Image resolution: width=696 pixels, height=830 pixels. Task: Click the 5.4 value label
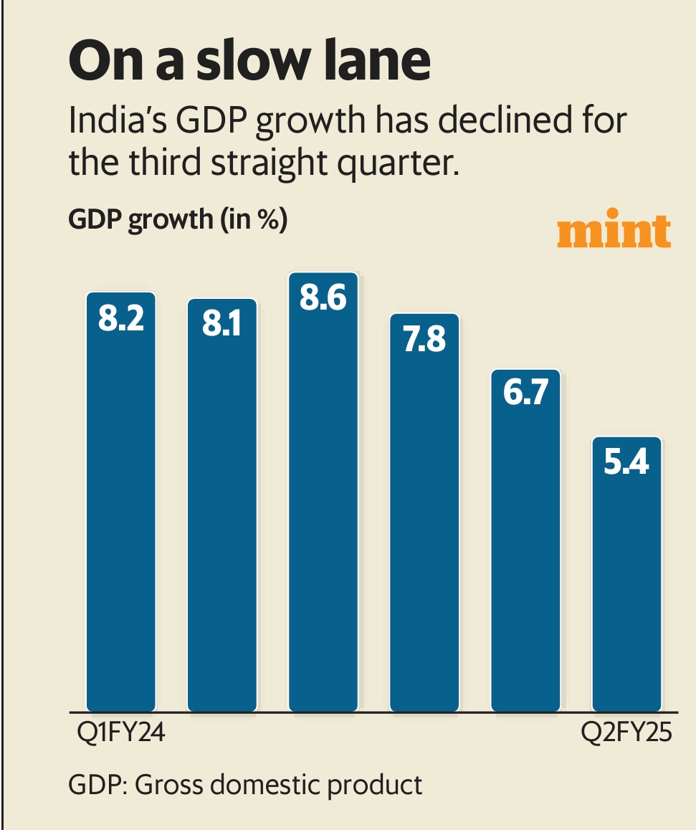coord(626,464)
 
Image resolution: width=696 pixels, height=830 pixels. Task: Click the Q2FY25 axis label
coord(626,736)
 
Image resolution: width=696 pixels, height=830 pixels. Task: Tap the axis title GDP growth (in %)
coord(178,220)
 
